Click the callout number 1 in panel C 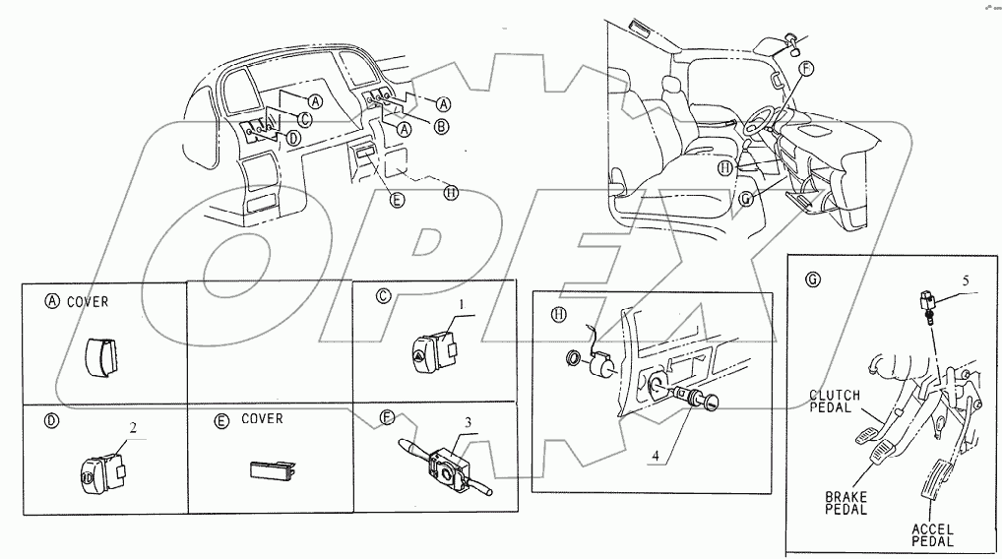coord(459,306)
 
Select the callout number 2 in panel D coord(133,428)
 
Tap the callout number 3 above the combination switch coord(468,422)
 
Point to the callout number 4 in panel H coord(655,456)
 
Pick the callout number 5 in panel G coord(966,280)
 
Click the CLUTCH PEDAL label coord(835,402)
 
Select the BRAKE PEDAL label coord(846,503)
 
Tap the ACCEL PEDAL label coord(932,535)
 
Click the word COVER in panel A coord(88,301)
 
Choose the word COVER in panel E coord(262,418)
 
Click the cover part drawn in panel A coord(101,358)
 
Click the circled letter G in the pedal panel coord(813,279)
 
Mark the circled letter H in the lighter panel coord(559,315)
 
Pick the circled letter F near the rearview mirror coord(806,68)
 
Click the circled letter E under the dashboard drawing coord(398,200)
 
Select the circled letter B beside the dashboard coord(442,127)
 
